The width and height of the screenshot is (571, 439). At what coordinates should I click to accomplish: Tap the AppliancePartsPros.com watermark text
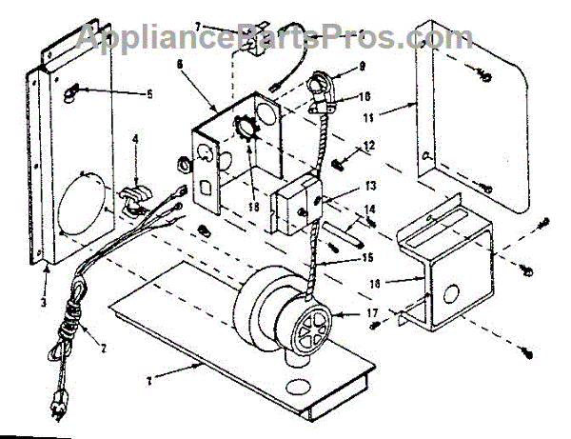(x=276, y=38)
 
